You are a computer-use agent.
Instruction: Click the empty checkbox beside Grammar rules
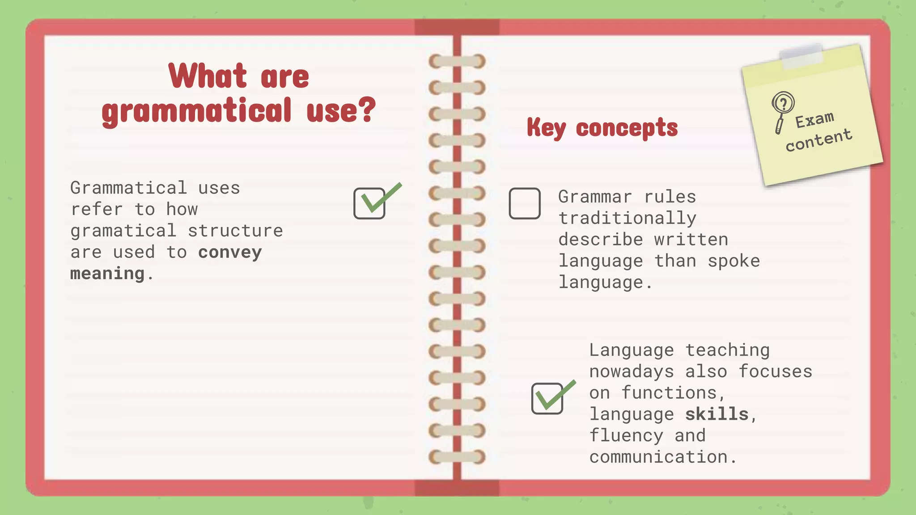(525, 203)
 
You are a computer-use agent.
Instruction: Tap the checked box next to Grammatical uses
(369, 203)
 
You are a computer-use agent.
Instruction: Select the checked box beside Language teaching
(547, 398)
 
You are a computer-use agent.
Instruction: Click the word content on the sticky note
(818, 140)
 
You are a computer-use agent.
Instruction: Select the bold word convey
(230, 253)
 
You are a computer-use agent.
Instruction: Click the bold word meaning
(107, 274)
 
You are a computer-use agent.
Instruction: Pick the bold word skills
(717, 414)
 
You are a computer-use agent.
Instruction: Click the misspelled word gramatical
(123, 231)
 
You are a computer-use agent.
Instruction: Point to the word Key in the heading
(546, 128)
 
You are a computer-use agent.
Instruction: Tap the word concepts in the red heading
(627, 128)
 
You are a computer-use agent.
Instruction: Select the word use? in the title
(341, 110)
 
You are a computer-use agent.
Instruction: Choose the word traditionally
(627, 219)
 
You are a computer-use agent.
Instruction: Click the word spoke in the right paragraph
(734, 261)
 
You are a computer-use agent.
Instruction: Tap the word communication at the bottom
(658, 457)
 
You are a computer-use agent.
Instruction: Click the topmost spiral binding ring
(457, 61)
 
